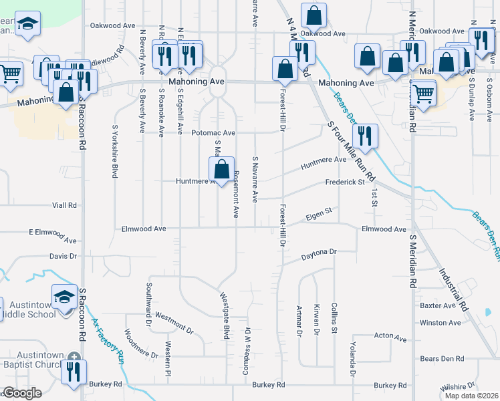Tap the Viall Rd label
(x=64, y=205)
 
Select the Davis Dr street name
(x=64, y=256)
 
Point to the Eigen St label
(x=319, y=212)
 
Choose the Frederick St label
(x=344, y=182)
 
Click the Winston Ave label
(x=440, y=322)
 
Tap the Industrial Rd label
(x=455, y=290)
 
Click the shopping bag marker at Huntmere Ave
(x=221, y=170)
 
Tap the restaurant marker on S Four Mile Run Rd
(x=364, y=136)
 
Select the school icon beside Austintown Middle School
(x=65, y=296)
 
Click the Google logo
(x=22, y=393)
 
